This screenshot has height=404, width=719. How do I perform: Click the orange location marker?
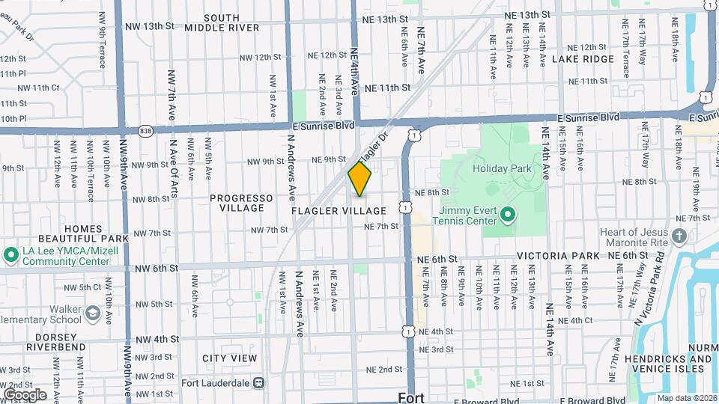click(x=359, y=180)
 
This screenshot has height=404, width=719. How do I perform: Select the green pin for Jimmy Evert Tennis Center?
click(x=506, y=216)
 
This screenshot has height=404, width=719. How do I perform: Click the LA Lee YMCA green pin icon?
click(x=11, y=255)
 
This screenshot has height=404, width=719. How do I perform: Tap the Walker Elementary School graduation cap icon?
click(x=93, y=313)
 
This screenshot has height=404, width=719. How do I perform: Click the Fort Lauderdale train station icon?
click(x=258, y=382)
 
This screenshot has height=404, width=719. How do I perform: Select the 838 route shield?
click(x=145, y=130)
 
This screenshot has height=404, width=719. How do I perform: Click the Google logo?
click(x=25, y=395)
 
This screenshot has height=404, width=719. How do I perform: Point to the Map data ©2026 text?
click(x=687, y=398)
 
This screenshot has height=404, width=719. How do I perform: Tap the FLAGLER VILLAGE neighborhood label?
click(x=338, y=212)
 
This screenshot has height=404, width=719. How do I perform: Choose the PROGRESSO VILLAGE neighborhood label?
click(x=241, y=203)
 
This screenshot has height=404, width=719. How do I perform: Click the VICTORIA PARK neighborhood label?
click(x=558, y=256)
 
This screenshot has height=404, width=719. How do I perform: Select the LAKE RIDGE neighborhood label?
click(x=583, y=58)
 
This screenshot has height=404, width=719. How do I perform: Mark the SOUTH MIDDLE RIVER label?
click(x=211, y=22)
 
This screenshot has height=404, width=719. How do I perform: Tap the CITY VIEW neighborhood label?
click(x=230, y=358)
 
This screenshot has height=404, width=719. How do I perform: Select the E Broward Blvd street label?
click(x=592, y=400)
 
